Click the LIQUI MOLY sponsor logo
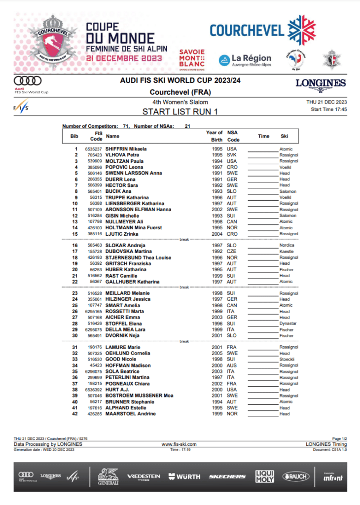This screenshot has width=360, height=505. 264,476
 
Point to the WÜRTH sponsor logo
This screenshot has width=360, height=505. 184,476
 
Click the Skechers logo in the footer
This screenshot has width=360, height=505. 227,476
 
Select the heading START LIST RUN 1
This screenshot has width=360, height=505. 180,111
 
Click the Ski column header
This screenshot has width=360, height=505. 284,136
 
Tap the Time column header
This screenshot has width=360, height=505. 263,136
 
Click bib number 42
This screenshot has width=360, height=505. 75,414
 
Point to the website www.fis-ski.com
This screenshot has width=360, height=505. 180,444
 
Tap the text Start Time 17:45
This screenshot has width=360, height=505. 329,109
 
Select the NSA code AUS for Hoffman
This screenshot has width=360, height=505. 232,365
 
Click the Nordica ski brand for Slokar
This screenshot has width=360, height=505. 287,245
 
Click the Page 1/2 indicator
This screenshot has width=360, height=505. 340,438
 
